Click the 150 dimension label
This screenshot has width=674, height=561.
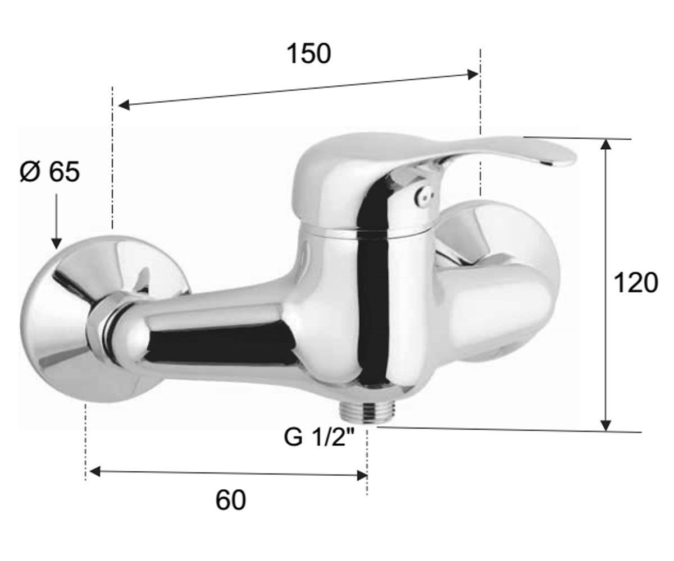pos(308,54)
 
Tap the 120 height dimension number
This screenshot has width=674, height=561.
pos(636,282)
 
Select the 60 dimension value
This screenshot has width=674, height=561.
pos(230,500)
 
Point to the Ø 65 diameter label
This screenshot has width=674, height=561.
pos(49,172)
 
